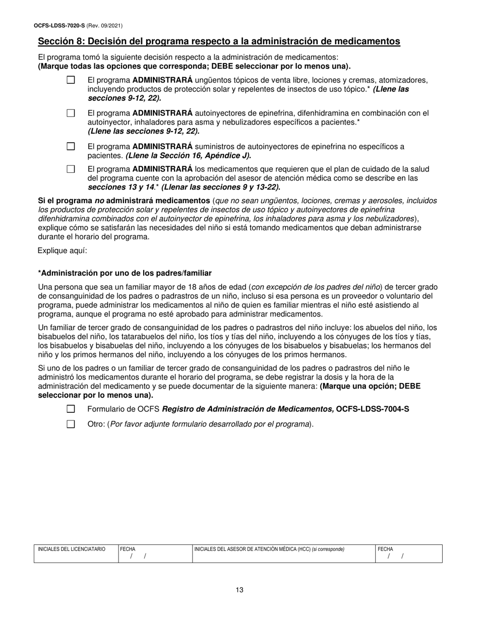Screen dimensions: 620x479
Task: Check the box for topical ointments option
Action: click(x=71, y=80)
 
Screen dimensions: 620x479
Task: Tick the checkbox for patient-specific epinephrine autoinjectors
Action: click(x=71, y=113)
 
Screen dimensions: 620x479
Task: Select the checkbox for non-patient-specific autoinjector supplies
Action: click(x=71, y=147)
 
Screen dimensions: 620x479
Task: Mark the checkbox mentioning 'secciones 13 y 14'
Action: click(x=71, y=169)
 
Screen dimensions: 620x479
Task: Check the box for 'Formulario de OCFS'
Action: click(x=71, y=409)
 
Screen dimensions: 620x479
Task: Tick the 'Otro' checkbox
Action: click(x=71, y=424)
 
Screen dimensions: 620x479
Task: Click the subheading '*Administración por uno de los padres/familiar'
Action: click(x=125, y=273)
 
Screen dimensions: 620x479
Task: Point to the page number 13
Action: click(x=239, y=590)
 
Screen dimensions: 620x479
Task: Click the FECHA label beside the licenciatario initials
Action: click(x=128, y=549)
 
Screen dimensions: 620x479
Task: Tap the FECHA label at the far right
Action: click(x=386, y=549)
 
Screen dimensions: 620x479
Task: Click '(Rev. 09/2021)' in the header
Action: click(x=104, y=26)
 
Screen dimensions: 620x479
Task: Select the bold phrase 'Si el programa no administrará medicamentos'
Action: click(x=124, y=201)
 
